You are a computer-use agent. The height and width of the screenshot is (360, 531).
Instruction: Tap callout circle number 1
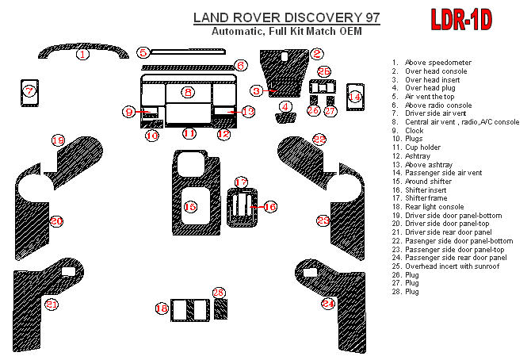(82, 55)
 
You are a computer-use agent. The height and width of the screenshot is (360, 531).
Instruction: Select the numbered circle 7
(29, 91)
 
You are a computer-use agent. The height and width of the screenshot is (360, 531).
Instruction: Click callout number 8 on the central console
(188, 93)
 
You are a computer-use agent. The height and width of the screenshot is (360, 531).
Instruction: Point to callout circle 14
(355, 97)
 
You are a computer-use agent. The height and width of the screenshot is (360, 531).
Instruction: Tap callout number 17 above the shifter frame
(241, 182)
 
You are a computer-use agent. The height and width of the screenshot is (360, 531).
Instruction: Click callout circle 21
(52, 304)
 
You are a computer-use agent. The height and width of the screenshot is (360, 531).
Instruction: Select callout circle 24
(328, 304)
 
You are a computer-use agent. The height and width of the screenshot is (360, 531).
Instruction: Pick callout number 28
(219, 293)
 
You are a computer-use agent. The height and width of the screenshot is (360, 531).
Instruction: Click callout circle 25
(324, 72)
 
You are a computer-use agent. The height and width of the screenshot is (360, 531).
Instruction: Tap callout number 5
(143, 52)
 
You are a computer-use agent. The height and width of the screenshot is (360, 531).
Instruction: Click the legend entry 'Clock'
(414, 129)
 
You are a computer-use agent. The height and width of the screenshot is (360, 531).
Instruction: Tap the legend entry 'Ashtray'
(418, 155)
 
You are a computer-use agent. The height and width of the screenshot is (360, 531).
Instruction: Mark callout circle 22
(319, 140)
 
